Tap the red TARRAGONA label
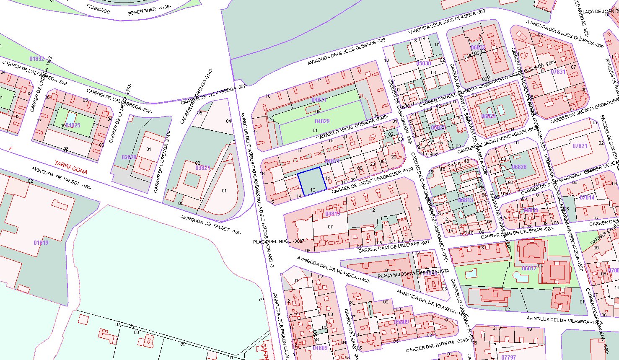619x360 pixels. point(71,167)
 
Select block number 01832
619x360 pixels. point(37,59)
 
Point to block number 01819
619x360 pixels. point(41,243)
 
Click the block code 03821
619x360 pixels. point(203,168)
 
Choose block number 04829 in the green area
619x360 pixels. point(322,121)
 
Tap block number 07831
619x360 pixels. point(558,72)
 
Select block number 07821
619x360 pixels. point(580,146)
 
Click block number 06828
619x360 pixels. point(519,167)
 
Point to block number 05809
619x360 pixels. point(401,322)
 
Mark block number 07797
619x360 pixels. point(508,357)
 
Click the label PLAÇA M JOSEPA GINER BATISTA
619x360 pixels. point(413,273)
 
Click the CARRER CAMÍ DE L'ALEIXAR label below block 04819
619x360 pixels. point(394,246)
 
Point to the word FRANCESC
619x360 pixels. point(98,9)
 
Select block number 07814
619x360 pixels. point(587,197)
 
